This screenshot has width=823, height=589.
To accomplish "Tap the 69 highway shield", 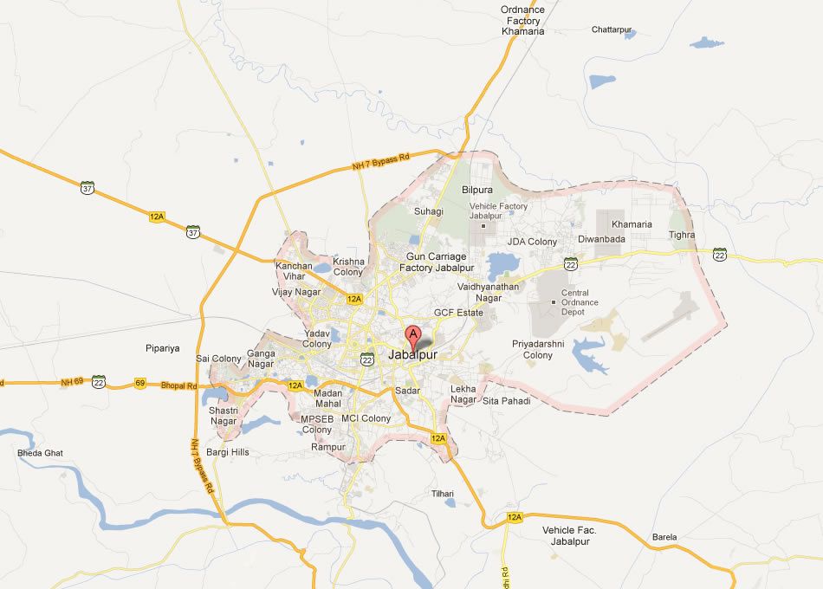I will pos(139,383).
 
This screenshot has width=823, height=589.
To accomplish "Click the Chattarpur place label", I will pos(612,29).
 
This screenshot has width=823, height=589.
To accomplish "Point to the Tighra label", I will pos(682,235).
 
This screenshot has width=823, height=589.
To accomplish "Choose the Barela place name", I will pos(664,537).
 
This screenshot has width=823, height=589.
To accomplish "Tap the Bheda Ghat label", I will pos(40,453).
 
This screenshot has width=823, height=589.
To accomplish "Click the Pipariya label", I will pos(163,348).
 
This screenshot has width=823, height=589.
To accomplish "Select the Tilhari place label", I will pos(443,493).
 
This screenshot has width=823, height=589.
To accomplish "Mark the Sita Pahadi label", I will pos(506,401).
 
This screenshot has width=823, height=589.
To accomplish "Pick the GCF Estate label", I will pos(458,312).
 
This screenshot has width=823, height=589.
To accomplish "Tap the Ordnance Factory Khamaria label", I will pos(523,21).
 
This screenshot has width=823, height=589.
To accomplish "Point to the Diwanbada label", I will pos(601,239).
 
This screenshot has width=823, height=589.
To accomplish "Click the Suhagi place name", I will pos(428,211).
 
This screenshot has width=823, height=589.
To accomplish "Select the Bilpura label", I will pos(476,189).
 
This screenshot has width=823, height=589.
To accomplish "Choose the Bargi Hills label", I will pos(228,452).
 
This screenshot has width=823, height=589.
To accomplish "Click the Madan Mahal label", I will pos(328,398).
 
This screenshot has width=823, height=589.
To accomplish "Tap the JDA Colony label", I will pos(532,242).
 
